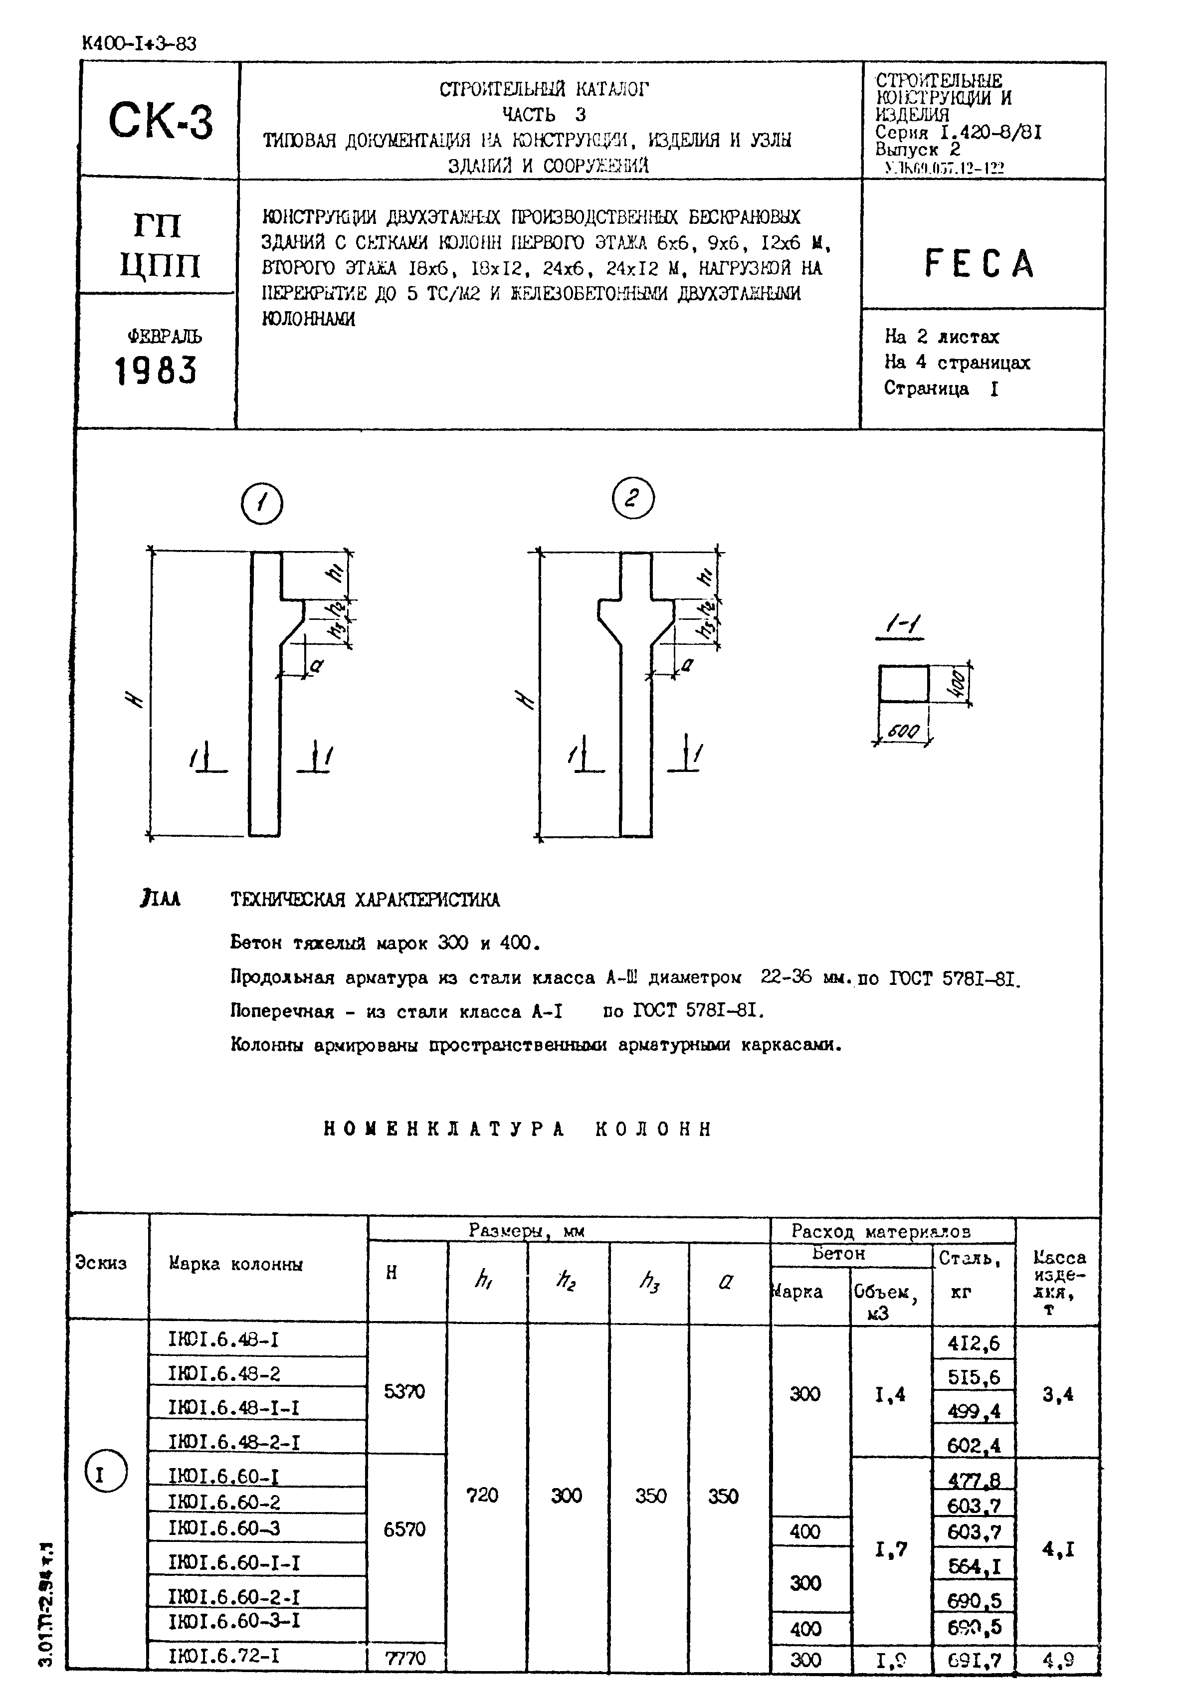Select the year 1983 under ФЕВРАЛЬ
[156, 371]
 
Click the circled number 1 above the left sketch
[261, 504]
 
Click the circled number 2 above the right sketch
[632, 499]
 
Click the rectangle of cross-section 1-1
[903, 684]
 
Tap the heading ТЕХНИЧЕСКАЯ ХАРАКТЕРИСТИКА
[366, 900]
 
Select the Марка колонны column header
[235, 1264]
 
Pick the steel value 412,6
[974, 1343]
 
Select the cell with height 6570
[404, 1529]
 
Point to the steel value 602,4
[974, 1445]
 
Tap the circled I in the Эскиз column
[106, 1476]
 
